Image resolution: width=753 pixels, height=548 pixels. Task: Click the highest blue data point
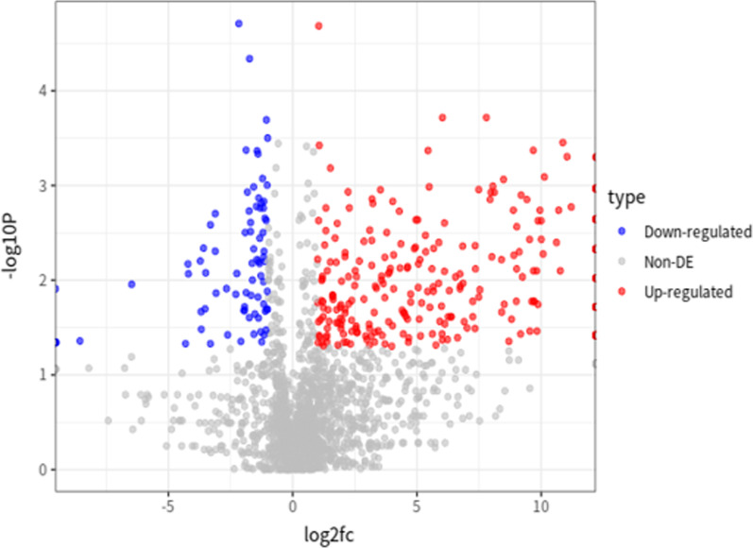(x=239, y=23)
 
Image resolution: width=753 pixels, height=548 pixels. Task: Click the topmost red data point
(x=318, y=26)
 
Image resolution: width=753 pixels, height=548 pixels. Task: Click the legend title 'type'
(x=626, y=198)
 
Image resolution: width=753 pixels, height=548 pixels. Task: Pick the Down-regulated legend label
(x=697, y=231)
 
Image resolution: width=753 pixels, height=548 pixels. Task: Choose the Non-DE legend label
(x=670, y=262)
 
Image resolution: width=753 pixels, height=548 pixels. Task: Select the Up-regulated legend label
(x=688, y=292)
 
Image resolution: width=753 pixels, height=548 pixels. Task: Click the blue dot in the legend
(x=624, y=231)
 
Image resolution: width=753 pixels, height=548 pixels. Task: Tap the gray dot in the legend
(x=624, y=262)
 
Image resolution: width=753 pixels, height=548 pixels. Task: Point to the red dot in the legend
(x=624, y=292)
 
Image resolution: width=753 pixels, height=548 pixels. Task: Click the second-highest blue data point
(x=249, y=59)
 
